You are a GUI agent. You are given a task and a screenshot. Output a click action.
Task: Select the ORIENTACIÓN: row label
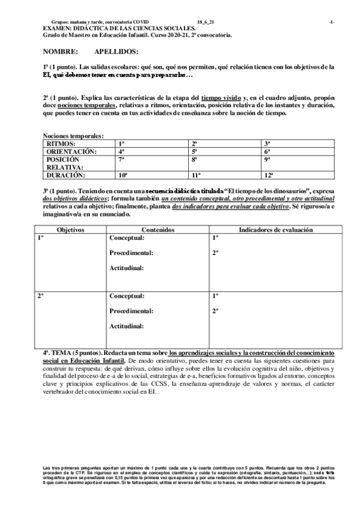(71, 152)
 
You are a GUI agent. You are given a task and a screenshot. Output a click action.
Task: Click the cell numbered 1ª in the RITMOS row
(121, 144)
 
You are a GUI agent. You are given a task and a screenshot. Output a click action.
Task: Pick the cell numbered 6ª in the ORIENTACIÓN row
(268, 152)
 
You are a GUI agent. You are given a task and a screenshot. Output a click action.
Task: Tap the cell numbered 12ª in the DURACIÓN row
(269, 175)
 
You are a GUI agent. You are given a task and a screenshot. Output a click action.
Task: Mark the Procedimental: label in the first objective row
(131, 253)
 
